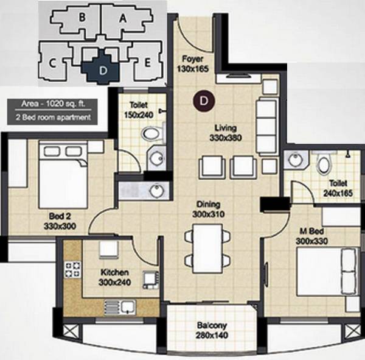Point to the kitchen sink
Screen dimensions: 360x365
coord(119,306)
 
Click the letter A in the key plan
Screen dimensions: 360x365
coord(122,18)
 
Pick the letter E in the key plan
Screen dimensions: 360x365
coord(147,62)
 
